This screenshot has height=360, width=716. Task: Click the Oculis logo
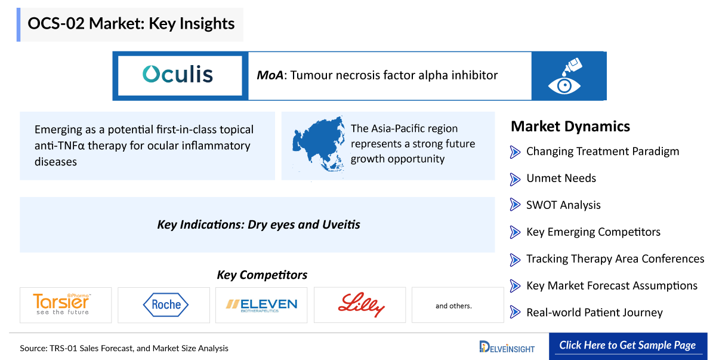pyautogui.click(x=178, y=75)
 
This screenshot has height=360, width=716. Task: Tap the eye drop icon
pyautogui.click(x=565, y=76)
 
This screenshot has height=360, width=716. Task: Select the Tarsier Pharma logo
pyautogui.click(x=62, y=304)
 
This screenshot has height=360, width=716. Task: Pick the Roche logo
pyautogui.click(x=166, y=304)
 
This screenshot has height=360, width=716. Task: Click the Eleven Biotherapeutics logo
pyautogui.click(x=261, y=305)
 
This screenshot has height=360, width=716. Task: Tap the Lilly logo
pyautogui.click(x=361, y=304)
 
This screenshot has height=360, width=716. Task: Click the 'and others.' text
pyautogui.click(x=453, y=306)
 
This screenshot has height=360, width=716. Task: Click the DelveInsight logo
pyautogui.click(x=507, y=347)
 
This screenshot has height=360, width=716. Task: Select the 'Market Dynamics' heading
pyautogui.click(x=570, y=127)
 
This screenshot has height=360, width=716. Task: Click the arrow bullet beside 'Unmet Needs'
pyautogui.click(x=515, y=179)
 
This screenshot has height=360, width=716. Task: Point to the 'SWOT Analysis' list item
pyautogui.click(x=563, y=205)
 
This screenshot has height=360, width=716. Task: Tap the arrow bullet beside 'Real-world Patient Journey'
pyautogui.click(x=515, y=312)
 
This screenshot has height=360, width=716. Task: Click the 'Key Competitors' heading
pyautogui.click(x=262, y=275)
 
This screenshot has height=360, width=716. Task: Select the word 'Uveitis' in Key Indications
pyautogui.click(x=341, y=224)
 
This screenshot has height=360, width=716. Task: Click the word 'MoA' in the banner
pyautogui.click(x=270, y=75)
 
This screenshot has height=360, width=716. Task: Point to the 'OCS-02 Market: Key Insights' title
pyautogui.click(x=131, y=24)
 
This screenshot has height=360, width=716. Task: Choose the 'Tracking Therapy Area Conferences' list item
pyautogui.click(x=615, y=259)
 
